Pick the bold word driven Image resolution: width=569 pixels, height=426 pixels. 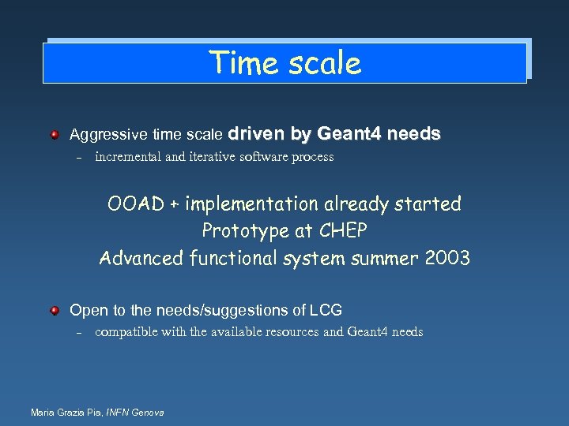[x=258, y=134]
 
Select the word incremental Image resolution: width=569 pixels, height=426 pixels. [x=127, y=157]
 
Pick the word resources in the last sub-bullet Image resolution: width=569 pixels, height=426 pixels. [x=291, y=332]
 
